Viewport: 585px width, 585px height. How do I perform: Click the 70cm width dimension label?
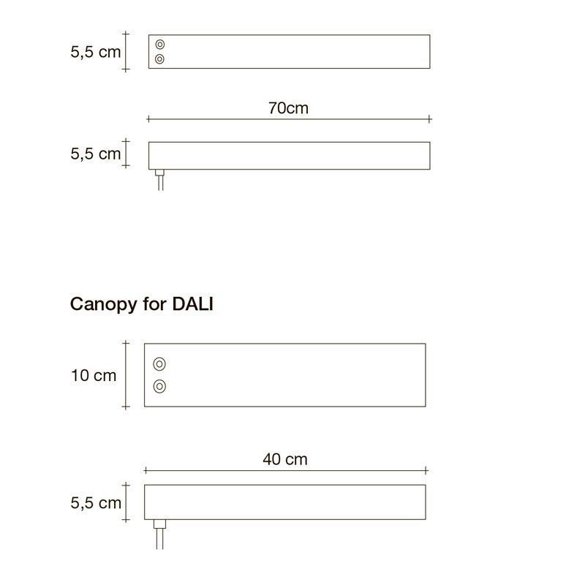[288, 108]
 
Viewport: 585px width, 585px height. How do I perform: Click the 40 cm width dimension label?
[285, 459]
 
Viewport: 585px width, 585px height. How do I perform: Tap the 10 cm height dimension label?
[94, 375]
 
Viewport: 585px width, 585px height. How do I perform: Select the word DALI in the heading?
[192, 304]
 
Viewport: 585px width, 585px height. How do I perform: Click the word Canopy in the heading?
[104, 305]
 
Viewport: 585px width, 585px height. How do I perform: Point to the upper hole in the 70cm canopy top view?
[160, 45]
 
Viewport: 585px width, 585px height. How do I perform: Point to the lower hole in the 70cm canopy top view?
[159, 59]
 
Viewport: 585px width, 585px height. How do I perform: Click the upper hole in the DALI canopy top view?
[159, 363]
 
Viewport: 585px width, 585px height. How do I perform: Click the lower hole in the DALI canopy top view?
[159, 387]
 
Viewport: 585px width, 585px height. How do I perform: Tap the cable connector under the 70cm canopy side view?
[159, 173]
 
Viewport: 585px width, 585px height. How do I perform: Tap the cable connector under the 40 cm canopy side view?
[159, 524]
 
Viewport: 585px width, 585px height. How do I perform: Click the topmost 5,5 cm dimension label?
[96, 52]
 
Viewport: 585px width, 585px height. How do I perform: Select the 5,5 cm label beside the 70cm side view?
[96, 154]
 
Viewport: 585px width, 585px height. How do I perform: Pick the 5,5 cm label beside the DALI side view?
[96, 503]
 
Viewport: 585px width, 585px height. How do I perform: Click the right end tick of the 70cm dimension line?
[430, 119]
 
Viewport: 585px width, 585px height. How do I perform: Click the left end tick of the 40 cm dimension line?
[145, 470]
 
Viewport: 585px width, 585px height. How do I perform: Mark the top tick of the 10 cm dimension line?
[126, 342]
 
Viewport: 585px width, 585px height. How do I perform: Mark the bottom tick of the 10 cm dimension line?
[126, 407]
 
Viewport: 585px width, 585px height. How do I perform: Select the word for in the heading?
[154, 304]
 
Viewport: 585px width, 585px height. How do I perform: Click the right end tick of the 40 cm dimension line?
[426, 470]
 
